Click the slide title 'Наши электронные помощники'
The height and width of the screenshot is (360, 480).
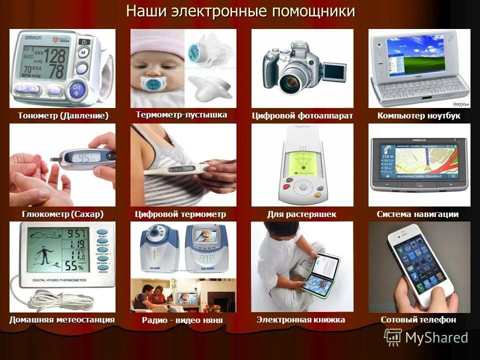[x=240, y=11]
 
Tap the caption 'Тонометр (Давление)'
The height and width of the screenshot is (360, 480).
[x=63, y=116]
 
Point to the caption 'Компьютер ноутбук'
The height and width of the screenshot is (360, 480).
[x=419, y=116]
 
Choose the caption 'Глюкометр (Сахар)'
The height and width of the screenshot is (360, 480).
[x=62, y=214]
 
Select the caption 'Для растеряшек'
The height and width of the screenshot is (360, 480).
[x=301, y=214]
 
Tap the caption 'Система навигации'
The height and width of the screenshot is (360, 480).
[x=417, y=214]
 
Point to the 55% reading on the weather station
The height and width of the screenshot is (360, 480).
[x=77, y=264]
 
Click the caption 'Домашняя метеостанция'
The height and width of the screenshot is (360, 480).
[x=62, y=319]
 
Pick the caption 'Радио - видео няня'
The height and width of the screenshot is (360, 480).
[x=182, y=320]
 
